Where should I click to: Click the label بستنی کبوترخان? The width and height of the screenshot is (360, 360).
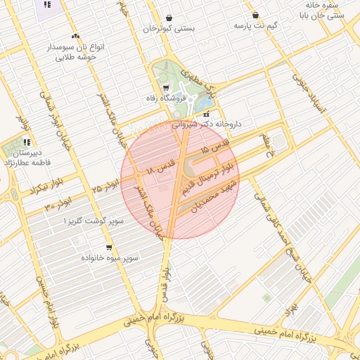click(x=169, y=29)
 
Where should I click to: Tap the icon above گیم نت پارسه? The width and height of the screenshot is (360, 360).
click(x=255, y=15)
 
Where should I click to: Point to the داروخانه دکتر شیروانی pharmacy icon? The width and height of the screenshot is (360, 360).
click(x=205, y=114)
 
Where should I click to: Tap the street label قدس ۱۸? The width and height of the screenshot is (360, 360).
click(x=159, y=168)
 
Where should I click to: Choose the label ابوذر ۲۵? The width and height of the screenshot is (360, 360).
click(x=106, y=187)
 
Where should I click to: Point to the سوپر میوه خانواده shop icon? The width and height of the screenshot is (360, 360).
click(x=109, y=247)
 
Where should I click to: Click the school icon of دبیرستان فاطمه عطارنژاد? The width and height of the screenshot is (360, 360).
click(x=27, y=142)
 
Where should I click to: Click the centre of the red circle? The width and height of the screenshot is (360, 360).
click(x=180, y=180)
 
